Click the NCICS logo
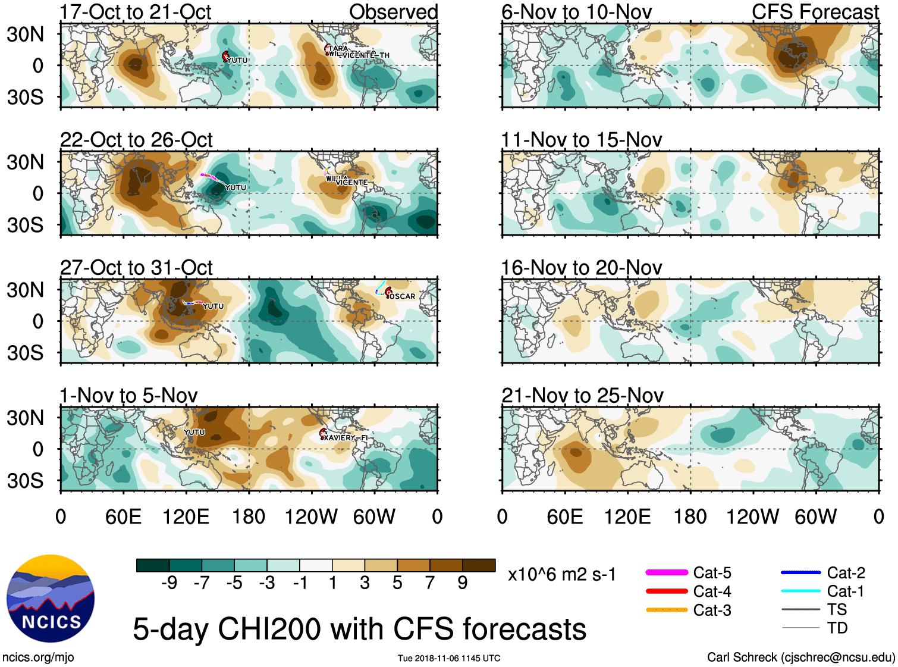pos(51,599)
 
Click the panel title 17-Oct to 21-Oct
pos(136,12)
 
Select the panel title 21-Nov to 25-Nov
pos(582,396)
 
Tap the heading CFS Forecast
pos(815,12)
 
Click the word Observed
pos(393,12)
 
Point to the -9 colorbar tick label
pos(169,583)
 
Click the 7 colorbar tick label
pos(430,583)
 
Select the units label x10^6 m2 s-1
pos(561,575)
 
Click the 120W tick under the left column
pos(311,516)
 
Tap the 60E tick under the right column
pos(564,516)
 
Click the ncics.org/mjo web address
pos(38,657)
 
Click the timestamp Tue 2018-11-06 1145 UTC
pos(449,658)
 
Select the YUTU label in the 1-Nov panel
pos(194,433)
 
